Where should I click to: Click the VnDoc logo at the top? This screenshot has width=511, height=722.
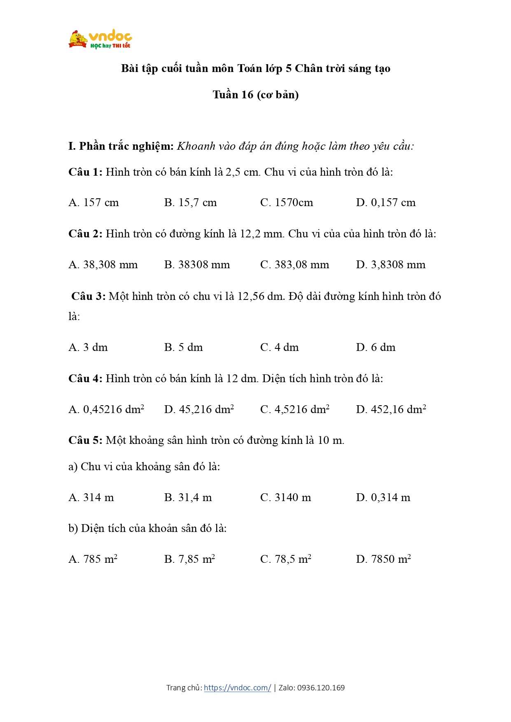coord(100,39)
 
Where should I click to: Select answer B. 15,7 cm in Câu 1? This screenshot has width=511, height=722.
coord(190,202)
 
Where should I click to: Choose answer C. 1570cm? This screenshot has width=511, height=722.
coord(287,202)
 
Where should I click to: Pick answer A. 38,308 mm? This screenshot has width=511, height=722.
coord(103,265)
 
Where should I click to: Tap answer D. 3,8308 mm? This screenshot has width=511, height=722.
coord(391,265)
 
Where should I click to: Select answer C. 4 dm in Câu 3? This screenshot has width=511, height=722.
coord(280,347)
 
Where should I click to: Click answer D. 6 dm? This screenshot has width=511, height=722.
coord(376,347)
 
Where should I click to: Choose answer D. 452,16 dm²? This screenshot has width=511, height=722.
coord(391,409)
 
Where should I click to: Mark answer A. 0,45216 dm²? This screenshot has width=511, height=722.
coord(106,409)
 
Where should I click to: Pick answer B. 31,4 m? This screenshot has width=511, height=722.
coord(188,497)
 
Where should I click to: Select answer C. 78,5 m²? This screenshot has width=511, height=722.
coord(286,559)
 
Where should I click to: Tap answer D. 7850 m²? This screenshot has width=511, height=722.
coord(383,559)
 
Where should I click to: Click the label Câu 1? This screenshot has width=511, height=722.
coord(85,172)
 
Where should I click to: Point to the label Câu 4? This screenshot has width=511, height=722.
coord(85,378)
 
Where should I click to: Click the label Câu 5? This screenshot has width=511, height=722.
coord(85,440)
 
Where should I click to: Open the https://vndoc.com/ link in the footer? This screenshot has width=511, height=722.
coord(238,687)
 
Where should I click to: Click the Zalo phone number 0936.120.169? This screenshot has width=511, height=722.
coord(321,687)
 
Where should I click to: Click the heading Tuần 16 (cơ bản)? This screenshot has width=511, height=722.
coord(256,95)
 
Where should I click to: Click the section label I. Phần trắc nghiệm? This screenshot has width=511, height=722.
coord(121,146)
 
